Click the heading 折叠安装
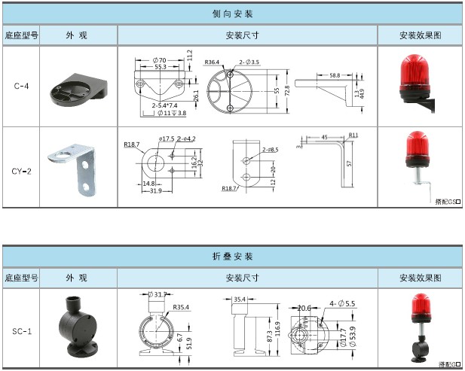pos(232,257)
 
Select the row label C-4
pos(22,85)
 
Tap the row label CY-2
pos(22,169)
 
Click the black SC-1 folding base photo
pos(78,328)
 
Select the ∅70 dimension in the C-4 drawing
pos(159,59)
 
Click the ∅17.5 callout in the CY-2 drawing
pos(167,138)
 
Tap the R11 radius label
pos(353,135)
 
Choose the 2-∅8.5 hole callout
pos(269,150)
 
